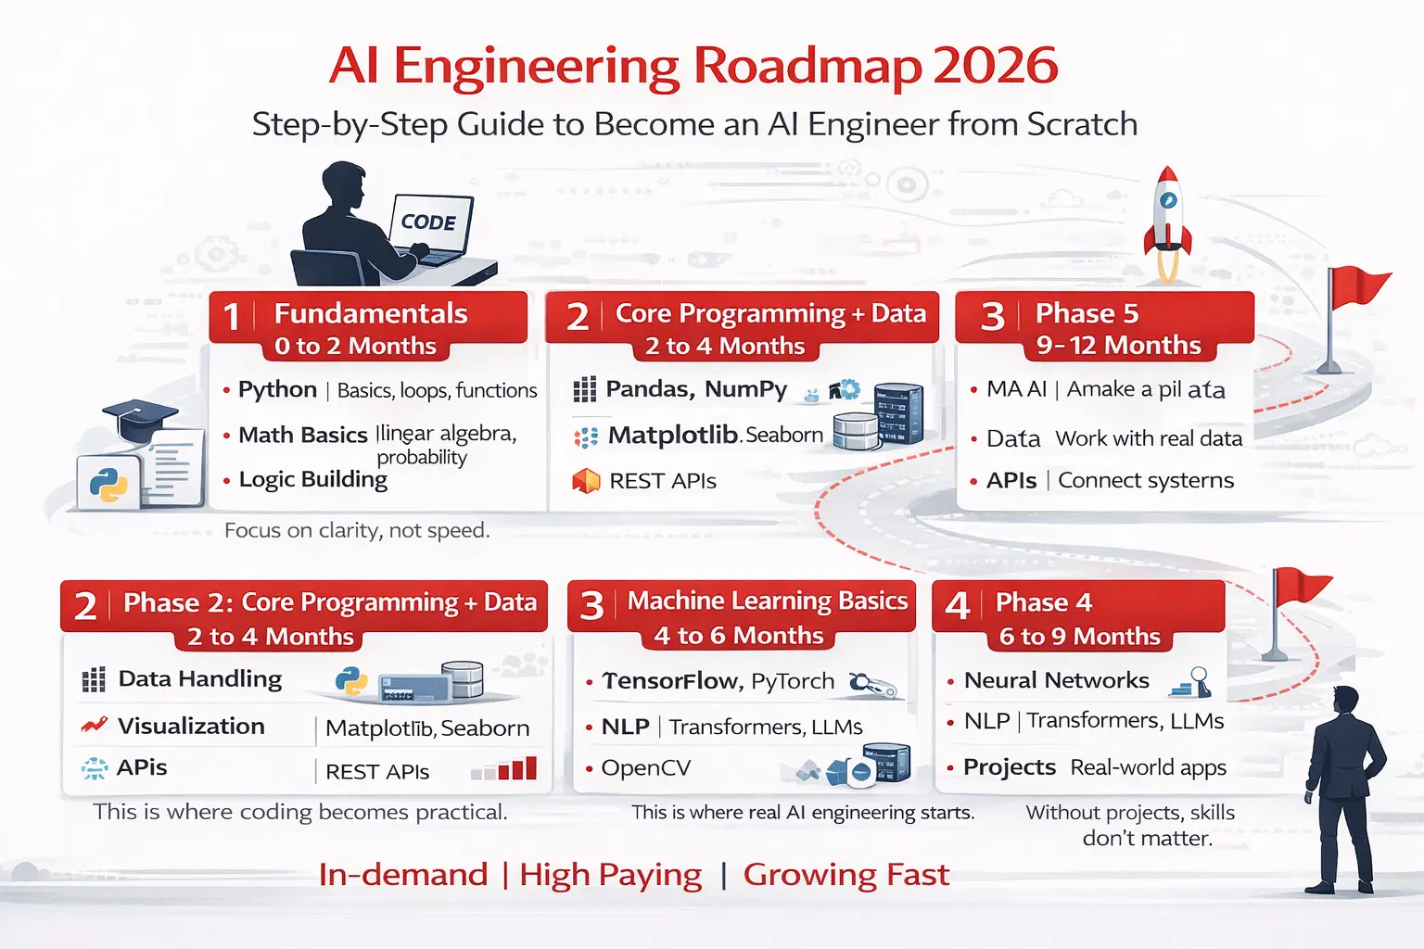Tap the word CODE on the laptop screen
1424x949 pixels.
[x=428, y=222]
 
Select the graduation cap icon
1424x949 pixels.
[x=138, y=422]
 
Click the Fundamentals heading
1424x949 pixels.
[x=371, y=314]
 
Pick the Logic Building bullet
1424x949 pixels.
[x=313, y=479]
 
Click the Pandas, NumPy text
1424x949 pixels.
[x=696, y=389]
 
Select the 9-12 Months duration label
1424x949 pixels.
[x=1118, y=346]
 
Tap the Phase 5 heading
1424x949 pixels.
[x=1087, y=313]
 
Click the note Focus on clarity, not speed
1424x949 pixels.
[x=357, y=530]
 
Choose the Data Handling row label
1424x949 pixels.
[x=200, y=679]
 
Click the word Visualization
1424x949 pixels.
[x=191, y=726]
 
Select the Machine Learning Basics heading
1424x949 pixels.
[x=768, y=601]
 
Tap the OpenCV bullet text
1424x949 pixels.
[x=645, y=768]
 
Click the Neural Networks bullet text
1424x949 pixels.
[x=1056, y=680]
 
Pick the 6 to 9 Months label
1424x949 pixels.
[x=1079, y=637]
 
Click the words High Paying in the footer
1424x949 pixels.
[x=610, y=875]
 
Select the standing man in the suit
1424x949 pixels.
[x=1344, y=788]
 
